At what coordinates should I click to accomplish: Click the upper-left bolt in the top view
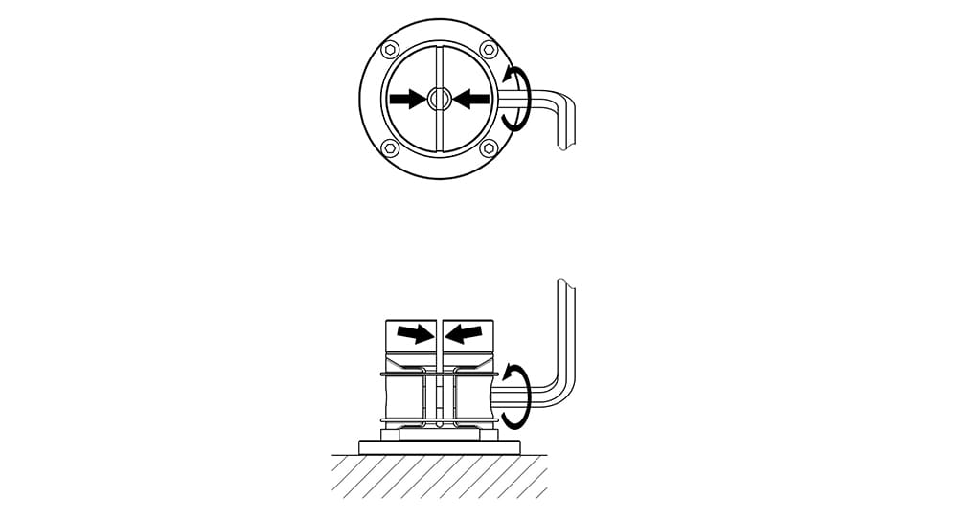pos(389,50)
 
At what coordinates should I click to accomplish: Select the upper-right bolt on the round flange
pos(489,50)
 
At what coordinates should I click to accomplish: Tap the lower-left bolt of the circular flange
pos(389,147)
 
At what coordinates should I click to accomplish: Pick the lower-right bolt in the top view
pos(489,147)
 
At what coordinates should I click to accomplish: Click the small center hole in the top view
pos(439,98)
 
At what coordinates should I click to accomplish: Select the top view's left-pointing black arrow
pos(471,98)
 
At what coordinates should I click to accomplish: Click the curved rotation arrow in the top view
pos(516,98)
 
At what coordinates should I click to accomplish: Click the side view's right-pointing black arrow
pos(415,333)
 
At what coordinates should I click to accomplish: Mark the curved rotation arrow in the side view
pos(516,395)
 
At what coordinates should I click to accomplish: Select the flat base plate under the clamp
pos(439,447)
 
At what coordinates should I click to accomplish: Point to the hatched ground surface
pos(439,475)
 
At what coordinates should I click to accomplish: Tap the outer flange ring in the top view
pos(370,98)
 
